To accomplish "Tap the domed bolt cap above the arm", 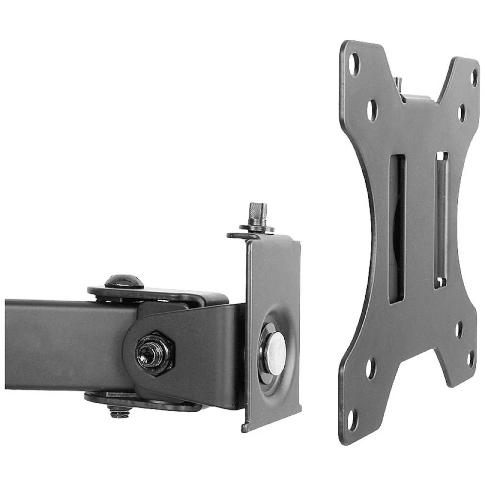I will pos(124,281).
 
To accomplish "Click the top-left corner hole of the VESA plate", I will pos(355,64).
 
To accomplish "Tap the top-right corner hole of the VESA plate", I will pos(474,78).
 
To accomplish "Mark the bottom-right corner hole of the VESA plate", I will pos(470,359).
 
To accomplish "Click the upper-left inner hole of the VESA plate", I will pos(372,110).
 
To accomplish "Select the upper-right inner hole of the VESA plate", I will pos(461,113).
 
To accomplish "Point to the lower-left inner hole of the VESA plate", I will pos(371,368).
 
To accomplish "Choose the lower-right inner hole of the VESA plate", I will pos(459,330).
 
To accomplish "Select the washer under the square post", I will pos(257,228).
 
